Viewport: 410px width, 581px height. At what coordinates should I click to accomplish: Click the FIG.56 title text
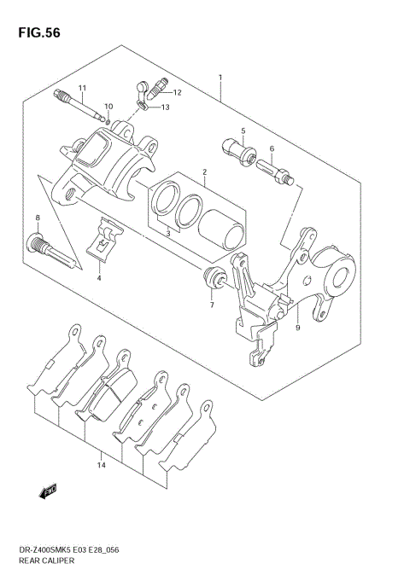pyautogui.click(x=37, y=33)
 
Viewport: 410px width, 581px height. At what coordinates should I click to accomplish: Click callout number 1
pyautogui.click(x=220, y=78)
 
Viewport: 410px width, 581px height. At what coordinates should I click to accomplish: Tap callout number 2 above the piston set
pyautogui.click(x=204, y=172)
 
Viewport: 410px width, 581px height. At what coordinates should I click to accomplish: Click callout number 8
pyautogui.click(x=38, y=219)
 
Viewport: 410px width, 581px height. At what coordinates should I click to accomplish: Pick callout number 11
pyautogui.click(x=83, y=88)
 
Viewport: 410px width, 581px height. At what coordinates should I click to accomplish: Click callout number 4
pyautogui.click(x=99, y=277)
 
